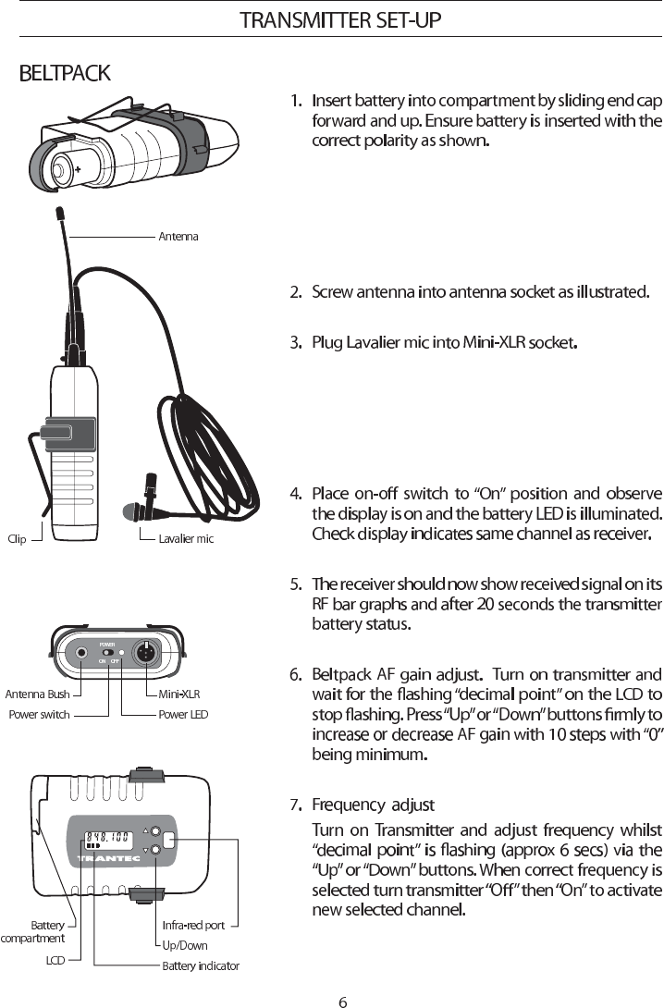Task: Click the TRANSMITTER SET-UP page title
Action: click(x=340, y=19)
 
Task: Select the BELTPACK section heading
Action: click(x=65, y=73)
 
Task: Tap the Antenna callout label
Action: click(x=178, y=236)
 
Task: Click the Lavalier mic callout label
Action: click(x=186, y=539)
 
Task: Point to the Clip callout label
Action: click(x=17, y=539)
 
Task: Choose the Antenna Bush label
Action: click(x=37, y=694)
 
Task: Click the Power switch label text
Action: click(x=39, y=715)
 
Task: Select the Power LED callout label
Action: click(x=183, y=715)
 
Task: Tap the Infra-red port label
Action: click(x=193, y=925)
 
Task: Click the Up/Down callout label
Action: click(x=185, y=945)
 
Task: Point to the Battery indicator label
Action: click(x=201, y=966)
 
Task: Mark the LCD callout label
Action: click(x=55, y=961)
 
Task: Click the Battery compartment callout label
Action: click(x=34, y=931)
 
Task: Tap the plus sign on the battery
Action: click(x=78, y=170)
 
